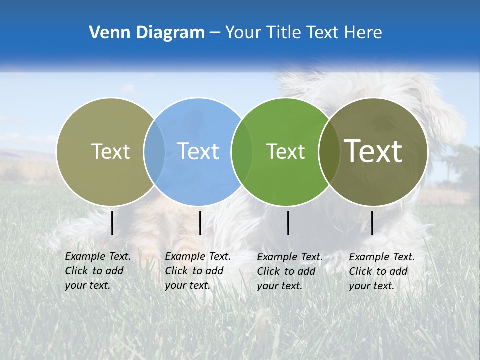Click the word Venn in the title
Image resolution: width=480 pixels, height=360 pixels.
pos(106,33)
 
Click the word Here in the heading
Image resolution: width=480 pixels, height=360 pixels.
pos(363,33)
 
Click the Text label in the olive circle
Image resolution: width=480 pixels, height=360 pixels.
pos(110,151)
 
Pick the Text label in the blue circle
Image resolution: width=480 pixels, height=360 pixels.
pos(198,151)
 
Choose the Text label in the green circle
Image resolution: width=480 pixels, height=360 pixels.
pos(285,151)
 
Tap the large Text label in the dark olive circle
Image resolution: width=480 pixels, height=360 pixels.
pos(373,151)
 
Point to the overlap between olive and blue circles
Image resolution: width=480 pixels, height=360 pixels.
pos(154,151)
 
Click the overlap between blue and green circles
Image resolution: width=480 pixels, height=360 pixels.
pos(242,151)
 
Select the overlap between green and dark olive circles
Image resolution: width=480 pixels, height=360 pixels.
pos(329,151)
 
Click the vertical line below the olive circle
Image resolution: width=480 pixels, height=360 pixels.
pos(112,223)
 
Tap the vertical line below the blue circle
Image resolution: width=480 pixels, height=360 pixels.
pos(200,223)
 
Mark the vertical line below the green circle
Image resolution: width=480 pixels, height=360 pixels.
pos(288,223)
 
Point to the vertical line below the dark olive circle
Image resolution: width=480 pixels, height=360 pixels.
pos(372,223)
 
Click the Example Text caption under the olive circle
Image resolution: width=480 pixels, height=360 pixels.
pos(97,271)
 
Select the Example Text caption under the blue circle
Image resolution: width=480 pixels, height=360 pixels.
pos(197,271)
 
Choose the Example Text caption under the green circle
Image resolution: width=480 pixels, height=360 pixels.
pos(289,271)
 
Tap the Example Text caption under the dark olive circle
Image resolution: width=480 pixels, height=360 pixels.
pos(381,271)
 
